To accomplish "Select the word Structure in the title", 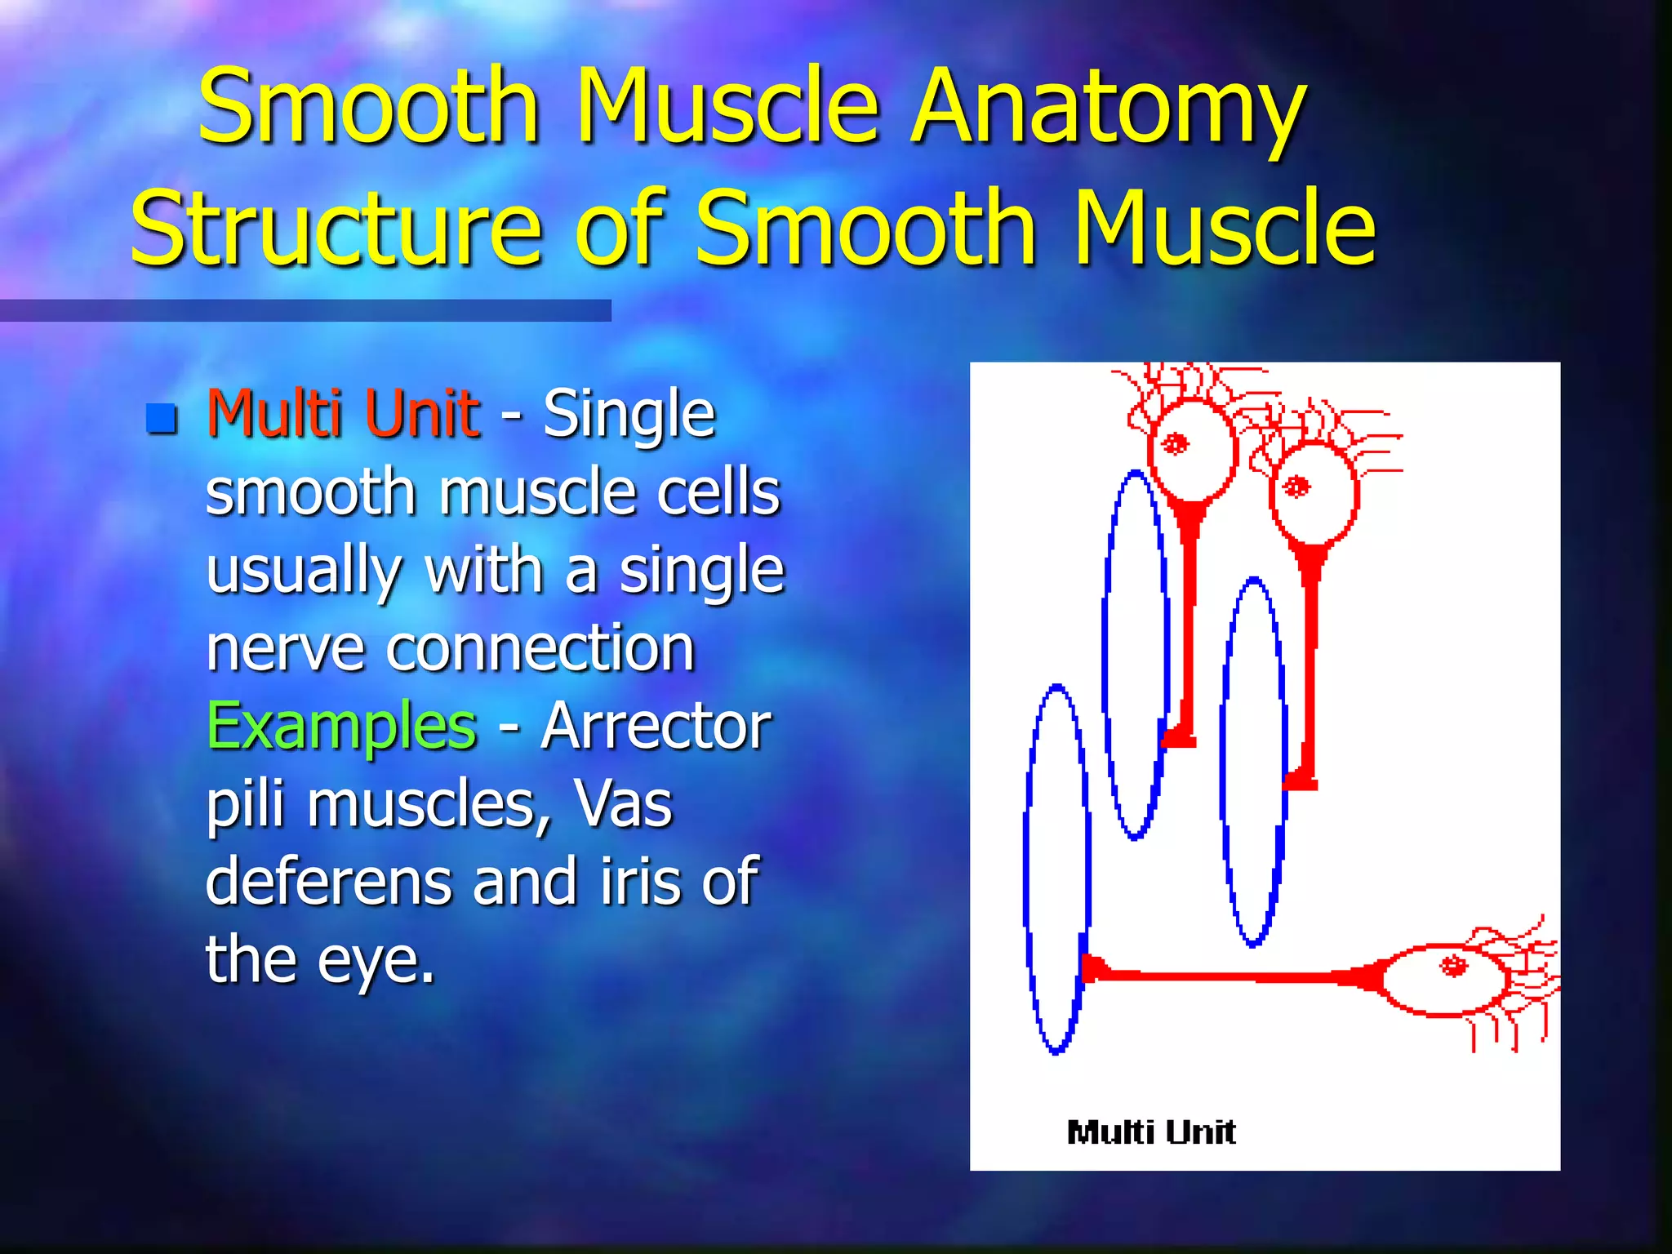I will [335, 229].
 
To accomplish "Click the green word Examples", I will [341, 726].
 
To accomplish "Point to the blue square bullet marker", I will [162, 418].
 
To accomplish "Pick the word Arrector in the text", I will [656, 726].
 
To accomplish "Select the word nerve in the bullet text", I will [284, 648].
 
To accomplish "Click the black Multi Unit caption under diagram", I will [1151, 1132].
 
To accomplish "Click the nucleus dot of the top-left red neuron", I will [1176, 444].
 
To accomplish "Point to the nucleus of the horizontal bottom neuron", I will [1452, 966].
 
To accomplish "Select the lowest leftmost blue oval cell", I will [1057, 869].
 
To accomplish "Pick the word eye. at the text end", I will [376, 960].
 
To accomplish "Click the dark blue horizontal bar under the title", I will [305, 310].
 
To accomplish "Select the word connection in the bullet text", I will [540, 648].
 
